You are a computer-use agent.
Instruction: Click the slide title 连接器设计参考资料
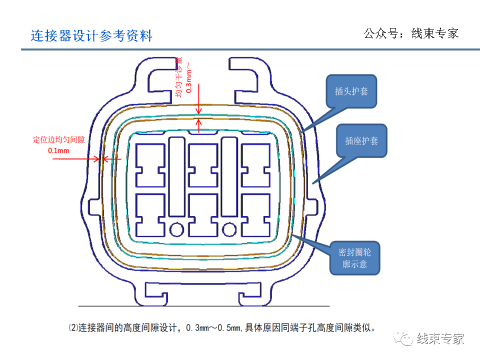point(91,35)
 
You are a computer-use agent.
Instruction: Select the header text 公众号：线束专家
point(411,33)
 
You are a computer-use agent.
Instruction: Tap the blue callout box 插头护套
point(350,91)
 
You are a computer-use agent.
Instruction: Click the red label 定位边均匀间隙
point(59,140)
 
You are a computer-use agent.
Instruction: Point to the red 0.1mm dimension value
point(58,150)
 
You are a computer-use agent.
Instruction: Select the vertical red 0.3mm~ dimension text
point(188,80)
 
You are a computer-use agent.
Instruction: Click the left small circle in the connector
point(176,229)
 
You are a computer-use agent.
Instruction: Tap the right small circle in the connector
point(229,229)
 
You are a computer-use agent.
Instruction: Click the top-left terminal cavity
point(150,165)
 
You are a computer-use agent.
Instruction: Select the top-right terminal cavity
point(256,165)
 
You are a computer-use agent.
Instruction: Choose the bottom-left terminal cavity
point(150,215)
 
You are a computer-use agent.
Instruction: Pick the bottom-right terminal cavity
point(256,215)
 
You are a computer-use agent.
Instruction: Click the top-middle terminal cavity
point(203,165)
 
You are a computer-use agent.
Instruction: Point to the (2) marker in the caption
point(73,328)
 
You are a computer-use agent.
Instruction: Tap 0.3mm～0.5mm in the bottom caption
point(214,328)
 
